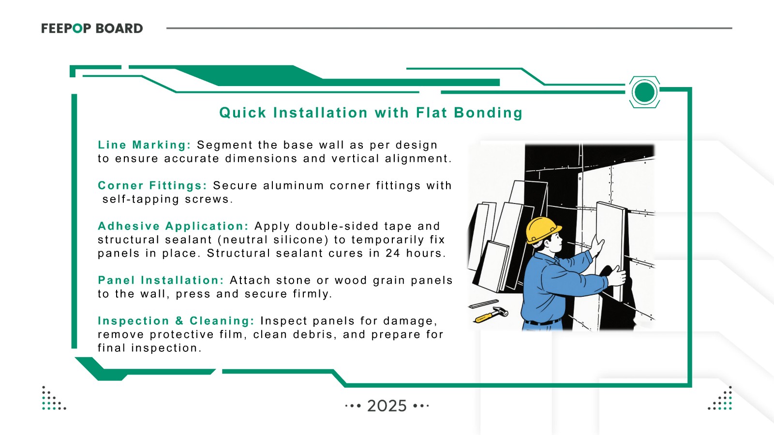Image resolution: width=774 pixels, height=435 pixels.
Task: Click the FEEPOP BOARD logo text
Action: tap(92, 29)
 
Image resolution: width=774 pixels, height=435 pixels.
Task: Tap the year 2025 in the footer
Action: tap(387, 406)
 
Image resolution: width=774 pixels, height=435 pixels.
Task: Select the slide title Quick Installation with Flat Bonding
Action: tap(371, 113)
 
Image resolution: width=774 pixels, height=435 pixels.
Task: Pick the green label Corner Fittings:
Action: tap(152, 186)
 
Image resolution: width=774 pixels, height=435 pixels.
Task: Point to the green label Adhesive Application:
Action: tap(173, 226)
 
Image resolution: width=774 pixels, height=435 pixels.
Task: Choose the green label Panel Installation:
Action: tap(161, 280)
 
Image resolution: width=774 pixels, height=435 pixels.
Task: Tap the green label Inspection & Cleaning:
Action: tap(176, 321)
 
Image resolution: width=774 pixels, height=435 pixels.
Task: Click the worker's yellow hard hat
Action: tap(542, 230)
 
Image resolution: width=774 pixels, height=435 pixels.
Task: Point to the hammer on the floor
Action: tap(491, 315)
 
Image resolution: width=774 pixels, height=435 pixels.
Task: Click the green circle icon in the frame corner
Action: tap(644, 92)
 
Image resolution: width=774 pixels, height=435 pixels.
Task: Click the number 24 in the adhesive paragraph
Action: tap(393, 253)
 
